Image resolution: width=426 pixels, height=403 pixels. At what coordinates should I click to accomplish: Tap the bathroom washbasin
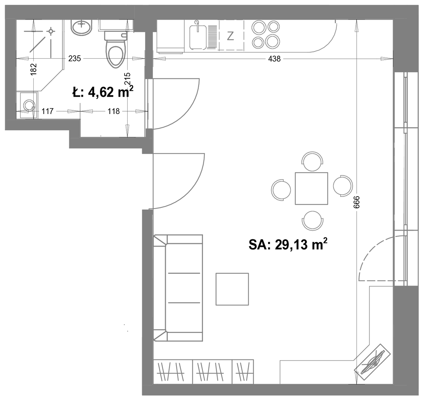point(82,27)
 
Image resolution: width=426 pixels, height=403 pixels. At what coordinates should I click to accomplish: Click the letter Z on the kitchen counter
point(230,36)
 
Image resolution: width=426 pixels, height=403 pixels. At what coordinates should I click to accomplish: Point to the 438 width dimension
point(274,59)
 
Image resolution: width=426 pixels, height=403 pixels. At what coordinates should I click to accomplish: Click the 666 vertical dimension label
point(356,202)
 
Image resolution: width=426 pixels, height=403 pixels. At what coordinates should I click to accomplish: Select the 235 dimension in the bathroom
point(75,58)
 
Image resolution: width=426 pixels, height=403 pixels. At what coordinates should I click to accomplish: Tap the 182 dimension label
point(33,69)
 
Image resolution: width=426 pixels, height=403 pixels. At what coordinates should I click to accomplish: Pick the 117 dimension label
point(47,111)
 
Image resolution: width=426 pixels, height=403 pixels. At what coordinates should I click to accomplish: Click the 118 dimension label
point(114,111)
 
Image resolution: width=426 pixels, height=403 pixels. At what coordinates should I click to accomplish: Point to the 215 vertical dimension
point(127,79)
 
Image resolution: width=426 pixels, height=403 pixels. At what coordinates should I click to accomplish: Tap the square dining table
point(311,188)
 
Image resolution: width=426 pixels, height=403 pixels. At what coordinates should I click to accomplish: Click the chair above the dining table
point(312,161)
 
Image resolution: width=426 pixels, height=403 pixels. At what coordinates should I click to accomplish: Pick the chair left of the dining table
point(281,190)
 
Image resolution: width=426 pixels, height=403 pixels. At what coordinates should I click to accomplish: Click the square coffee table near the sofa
point(232,289)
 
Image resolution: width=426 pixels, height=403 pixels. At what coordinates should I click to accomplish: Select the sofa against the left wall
point(178,288)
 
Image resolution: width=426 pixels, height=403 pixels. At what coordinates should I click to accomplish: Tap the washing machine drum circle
point(29,105)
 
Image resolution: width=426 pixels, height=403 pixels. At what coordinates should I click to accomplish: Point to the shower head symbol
point(51,31)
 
